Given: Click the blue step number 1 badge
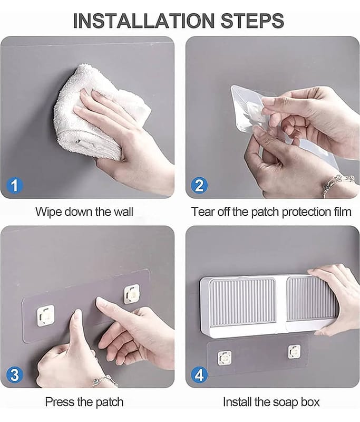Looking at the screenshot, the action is pyautogui.click(x=15, y=185).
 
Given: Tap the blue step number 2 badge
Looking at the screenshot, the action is pyautogui.click(x=199, y=185).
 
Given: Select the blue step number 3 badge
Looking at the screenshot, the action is pyautogui.click(x=15, y=375).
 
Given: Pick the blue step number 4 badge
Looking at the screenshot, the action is pyautogui.click(x=199, y=375).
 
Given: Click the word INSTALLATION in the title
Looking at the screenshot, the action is pyautogui.click(x=143, y=21).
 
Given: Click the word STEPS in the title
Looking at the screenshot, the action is pyautogui.click(x=252, y=21).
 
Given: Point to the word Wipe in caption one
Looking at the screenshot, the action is pyautogui.click(x=49, y=212).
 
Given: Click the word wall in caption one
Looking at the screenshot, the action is pyautogui.click(x=123, y=212).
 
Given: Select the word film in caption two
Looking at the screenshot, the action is pyautogui.click(x=343, y=212).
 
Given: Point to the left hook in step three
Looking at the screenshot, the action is pyautogui.click(x=45, y=315).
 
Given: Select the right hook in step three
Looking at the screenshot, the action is pyautogui.click(x=131, y=294).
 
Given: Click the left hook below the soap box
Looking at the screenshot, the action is pyautogui.click(x=225, y=359).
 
